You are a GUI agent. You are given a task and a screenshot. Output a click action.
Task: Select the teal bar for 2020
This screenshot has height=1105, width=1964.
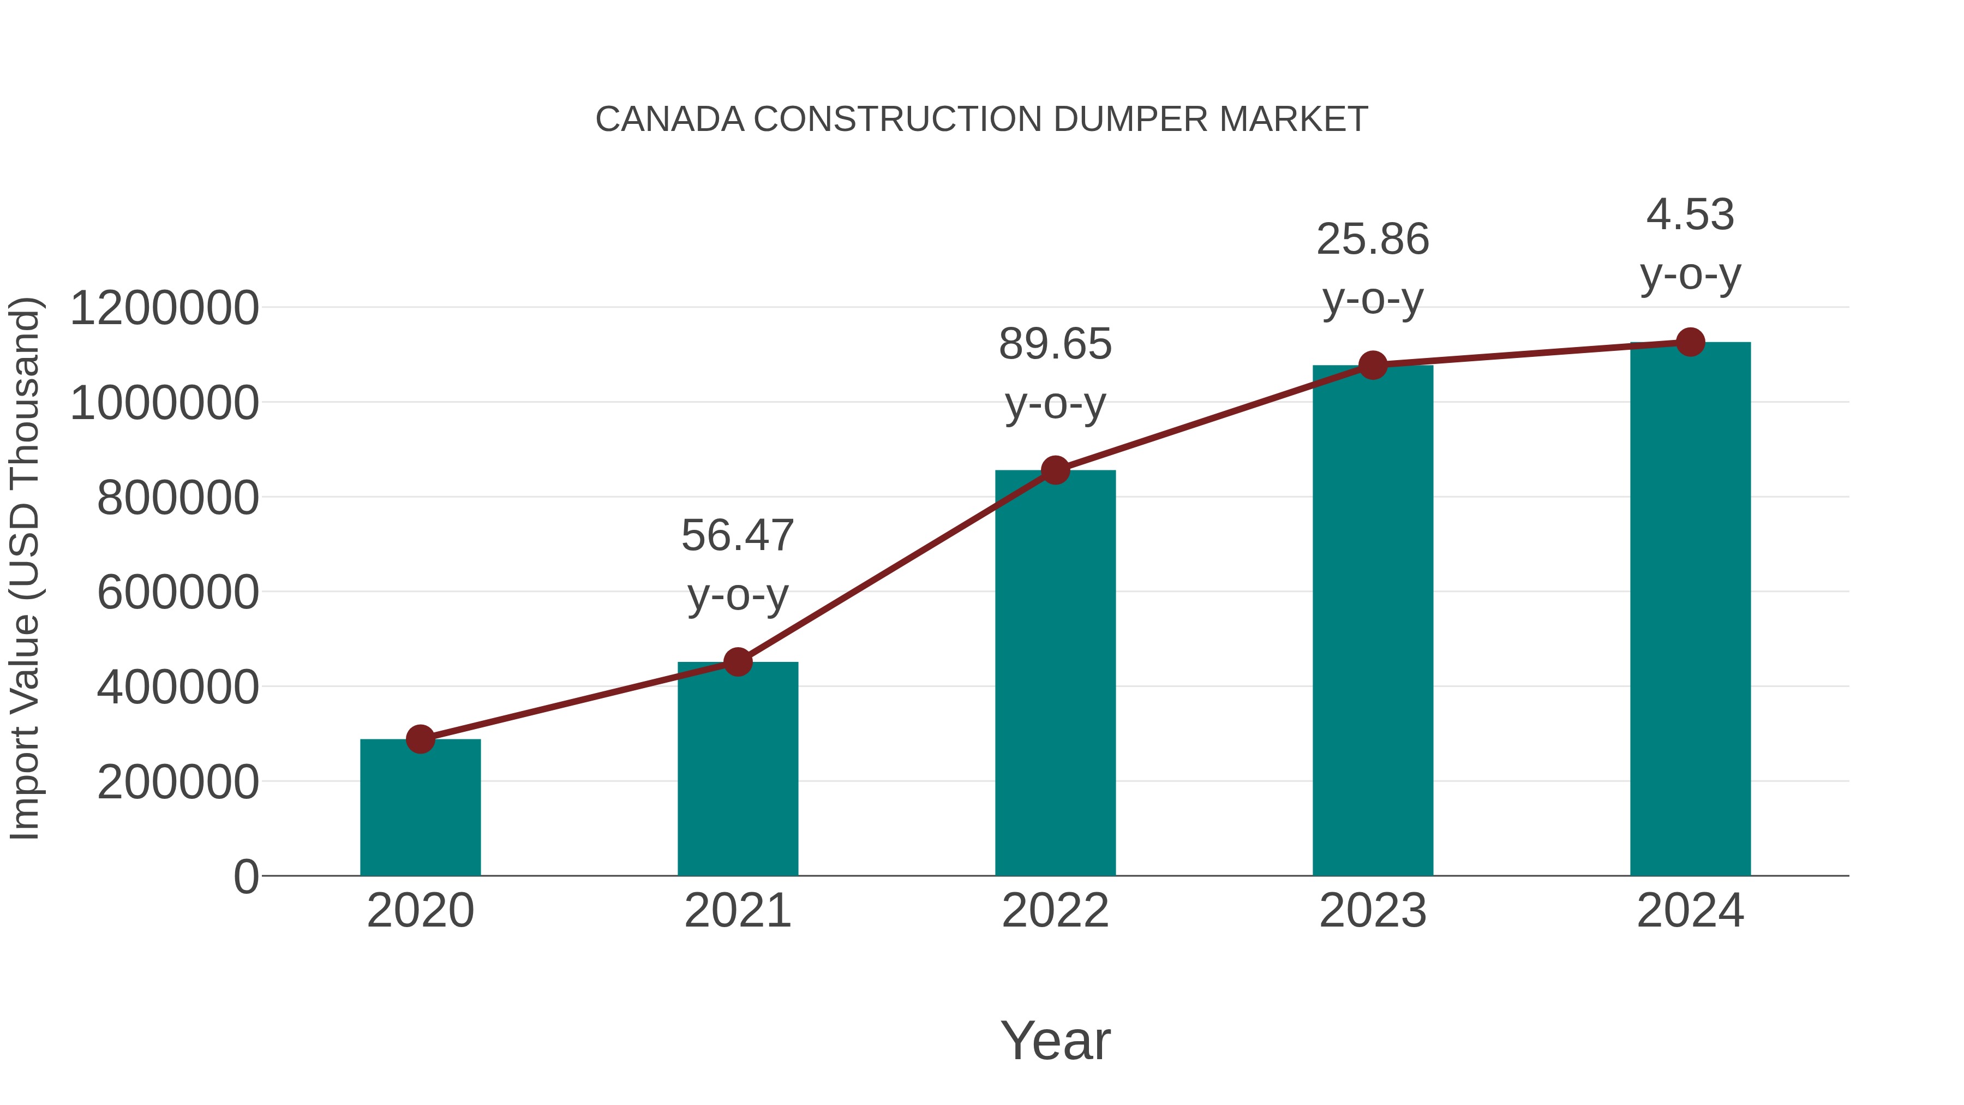420,808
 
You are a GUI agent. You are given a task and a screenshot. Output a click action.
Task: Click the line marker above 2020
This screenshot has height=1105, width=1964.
420,738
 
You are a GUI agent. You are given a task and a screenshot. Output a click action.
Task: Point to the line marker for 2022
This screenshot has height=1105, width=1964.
1055,470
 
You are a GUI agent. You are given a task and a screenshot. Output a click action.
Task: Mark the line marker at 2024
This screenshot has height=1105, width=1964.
1690,342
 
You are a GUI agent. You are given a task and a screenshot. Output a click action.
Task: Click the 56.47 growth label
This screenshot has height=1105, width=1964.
737,535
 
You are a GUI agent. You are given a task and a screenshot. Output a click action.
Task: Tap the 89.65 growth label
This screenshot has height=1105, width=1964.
1055,344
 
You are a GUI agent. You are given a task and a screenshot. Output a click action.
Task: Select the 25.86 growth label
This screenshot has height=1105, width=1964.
1373,240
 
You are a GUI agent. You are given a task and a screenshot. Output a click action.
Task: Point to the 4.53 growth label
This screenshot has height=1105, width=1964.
1690,214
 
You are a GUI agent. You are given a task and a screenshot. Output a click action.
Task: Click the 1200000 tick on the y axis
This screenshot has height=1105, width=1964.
164,309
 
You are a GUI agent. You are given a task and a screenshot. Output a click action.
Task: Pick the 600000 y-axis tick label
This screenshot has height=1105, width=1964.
178,593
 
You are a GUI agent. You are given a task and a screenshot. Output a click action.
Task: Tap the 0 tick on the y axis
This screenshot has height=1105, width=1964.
245,877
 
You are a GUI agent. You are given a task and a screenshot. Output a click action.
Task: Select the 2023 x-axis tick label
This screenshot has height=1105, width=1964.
1373,911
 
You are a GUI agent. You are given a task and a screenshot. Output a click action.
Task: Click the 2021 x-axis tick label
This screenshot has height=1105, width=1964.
737,911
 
